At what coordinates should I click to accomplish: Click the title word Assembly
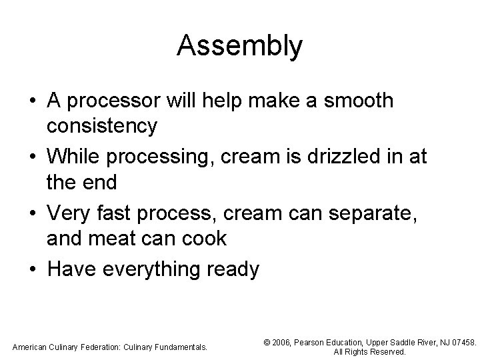[x=240, y=46]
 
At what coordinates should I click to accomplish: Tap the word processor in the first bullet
[x=115, y=101]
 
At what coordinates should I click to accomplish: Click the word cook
[x=203, y=238]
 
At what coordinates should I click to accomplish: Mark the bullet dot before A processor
[x=33, y=101]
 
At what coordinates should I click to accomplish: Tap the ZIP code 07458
[x=464, y=342]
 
